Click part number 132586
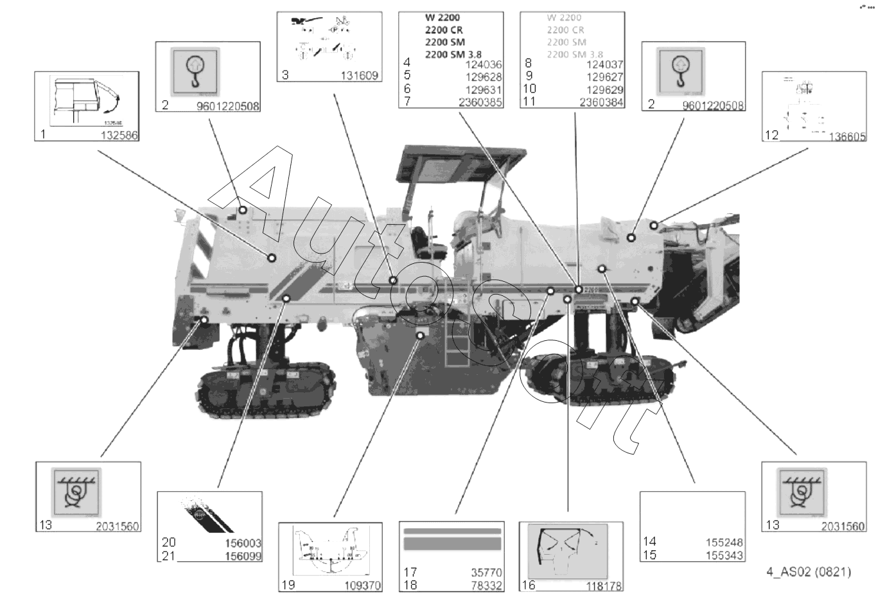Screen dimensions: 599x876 (119, 135)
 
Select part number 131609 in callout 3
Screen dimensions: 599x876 (360, 76)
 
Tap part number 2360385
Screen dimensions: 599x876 (480, 102)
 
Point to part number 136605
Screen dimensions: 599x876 (847, 136)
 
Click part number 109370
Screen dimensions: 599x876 (362, 585)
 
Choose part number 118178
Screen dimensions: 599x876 (604, 585)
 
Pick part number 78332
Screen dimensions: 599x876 (486, 585)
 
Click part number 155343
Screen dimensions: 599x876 (724, 555)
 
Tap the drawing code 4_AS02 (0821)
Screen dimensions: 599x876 (809, 571)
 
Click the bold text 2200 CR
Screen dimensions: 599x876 (443, 30)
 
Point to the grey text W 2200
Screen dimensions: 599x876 (564, 17)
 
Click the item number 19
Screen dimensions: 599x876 (288, 585)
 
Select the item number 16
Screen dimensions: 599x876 (529, 584)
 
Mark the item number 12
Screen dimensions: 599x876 (771, 135)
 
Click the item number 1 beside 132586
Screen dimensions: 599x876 (43, 134)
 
